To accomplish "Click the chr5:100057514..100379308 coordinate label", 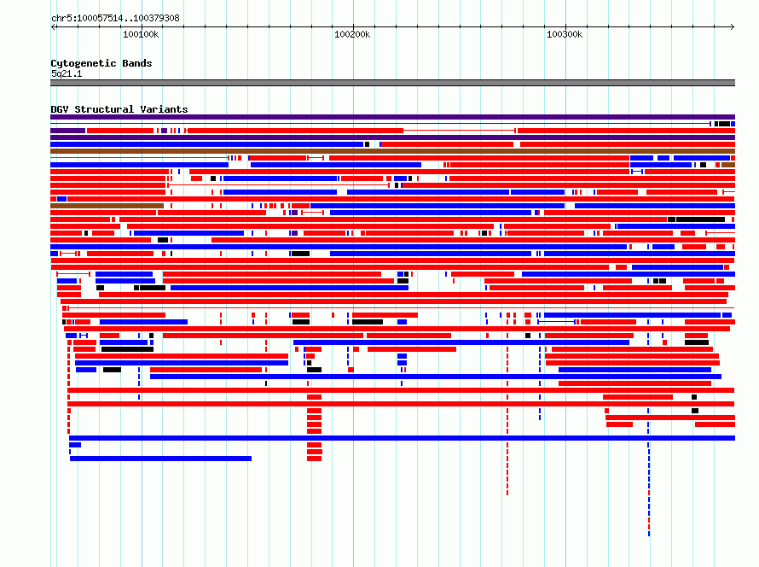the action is (115, 19).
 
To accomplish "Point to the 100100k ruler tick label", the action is (141, 34).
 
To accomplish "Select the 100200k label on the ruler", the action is (352, 34).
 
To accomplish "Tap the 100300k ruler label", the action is (565, 34).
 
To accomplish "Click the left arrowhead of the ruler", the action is (52, 26).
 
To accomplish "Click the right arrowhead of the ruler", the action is (733, 26).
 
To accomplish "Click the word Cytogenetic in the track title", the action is (84, 63).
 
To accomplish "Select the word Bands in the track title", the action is (137, 63).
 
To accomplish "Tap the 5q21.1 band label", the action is (67, 73).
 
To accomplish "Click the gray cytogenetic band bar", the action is (392, 83).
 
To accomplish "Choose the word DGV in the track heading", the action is (60, 109).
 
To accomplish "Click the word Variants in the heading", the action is (164, 109).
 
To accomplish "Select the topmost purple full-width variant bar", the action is (392, 117).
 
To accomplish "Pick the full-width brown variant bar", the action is (392, 151).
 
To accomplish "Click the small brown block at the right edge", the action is (728, 165).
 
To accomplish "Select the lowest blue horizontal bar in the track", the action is (160, 459).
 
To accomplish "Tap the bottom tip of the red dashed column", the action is (507, 494).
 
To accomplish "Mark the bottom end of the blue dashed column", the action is (649, 535).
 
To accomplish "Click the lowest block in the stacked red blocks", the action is (314, 459).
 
